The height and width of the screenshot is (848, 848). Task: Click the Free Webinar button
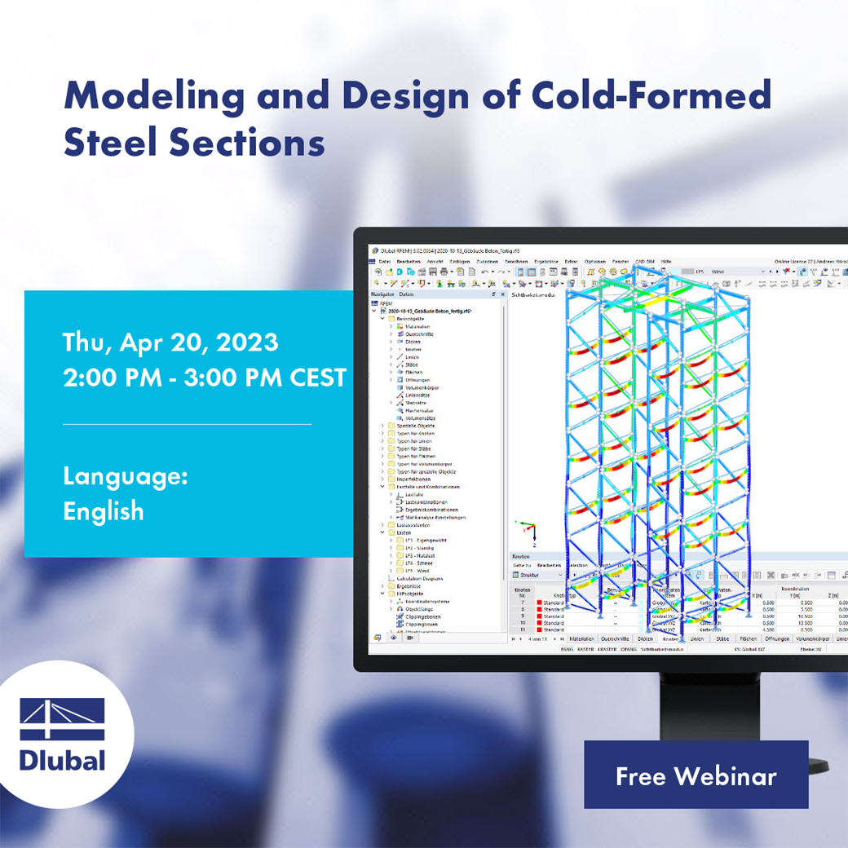point(696,775)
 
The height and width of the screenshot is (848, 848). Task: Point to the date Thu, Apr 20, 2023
point(170,342)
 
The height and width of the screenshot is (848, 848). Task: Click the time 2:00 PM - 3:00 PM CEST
point(204,378)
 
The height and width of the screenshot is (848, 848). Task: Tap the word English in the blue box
point(103,511)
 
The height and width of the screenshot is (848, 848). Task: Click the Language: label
point(125,476)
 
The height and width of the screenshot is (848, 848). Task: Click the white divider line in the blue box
point(187,424)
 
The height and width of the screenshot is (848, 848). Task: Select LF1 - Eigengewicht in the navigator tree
point(426,540)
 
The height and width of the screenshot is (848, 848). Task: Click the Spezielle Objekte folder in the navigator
point(415,426)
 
